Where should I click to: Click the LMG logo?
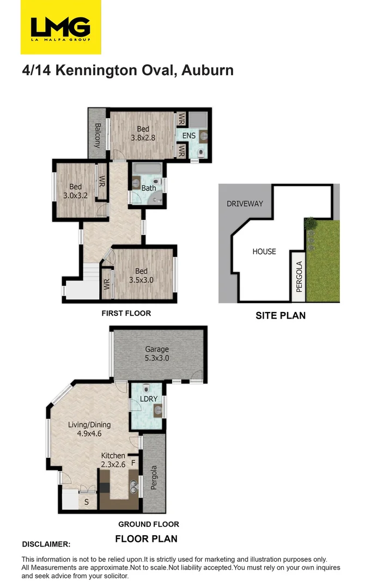[x=60, y=27]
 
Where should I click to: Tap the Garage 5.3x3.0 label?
[x=157, y=354]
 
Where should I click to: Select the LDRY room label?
[x=148, y=399]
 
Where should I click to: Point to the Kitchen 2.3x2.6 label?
[x=113, y=460]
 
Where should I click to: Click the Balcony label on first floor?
[x=97, y=136]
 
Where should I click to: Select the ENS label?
[x=189, y=135]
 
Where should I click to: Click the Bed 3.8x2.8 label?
[x=143, y=133]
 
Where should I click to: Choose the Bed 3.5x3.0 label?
[x=142, y=276]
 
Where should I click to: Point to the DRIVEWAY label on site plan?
[x=245, y=204]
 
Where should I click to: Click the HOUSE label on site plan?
[x=264, y=252]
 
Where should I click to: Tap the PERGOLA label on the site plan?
[x=298, y=277]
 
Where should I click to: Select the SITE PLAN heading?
[x=281, y=315]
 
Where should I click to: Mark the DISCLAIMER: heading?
[x=46, y=544]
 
